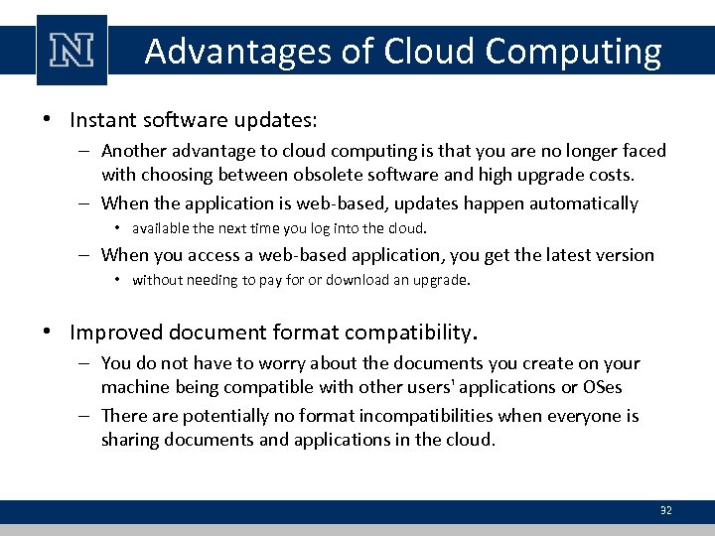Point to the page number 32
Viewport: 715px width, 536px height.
pos(665,510)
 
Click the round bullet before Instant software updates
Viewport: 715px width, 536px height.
pos(48,121)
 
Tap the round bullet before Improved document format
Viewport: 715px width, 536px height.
pos(48,332)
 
